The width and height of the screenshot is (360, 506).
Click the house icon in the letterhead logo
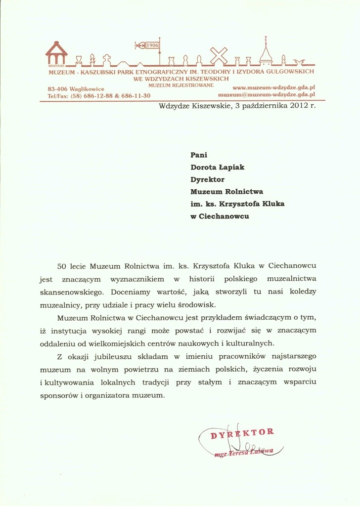(56, 53)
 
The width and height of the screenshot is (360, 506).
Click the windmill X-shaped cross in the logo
(220, 56)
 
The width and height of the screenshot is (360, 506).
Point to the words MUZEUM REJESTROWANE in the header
(180, 85)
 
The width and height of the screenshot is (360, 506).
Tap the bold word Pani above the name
(199, 155)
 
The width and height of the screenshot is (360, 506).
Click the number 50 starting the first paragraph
(62, 266)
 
